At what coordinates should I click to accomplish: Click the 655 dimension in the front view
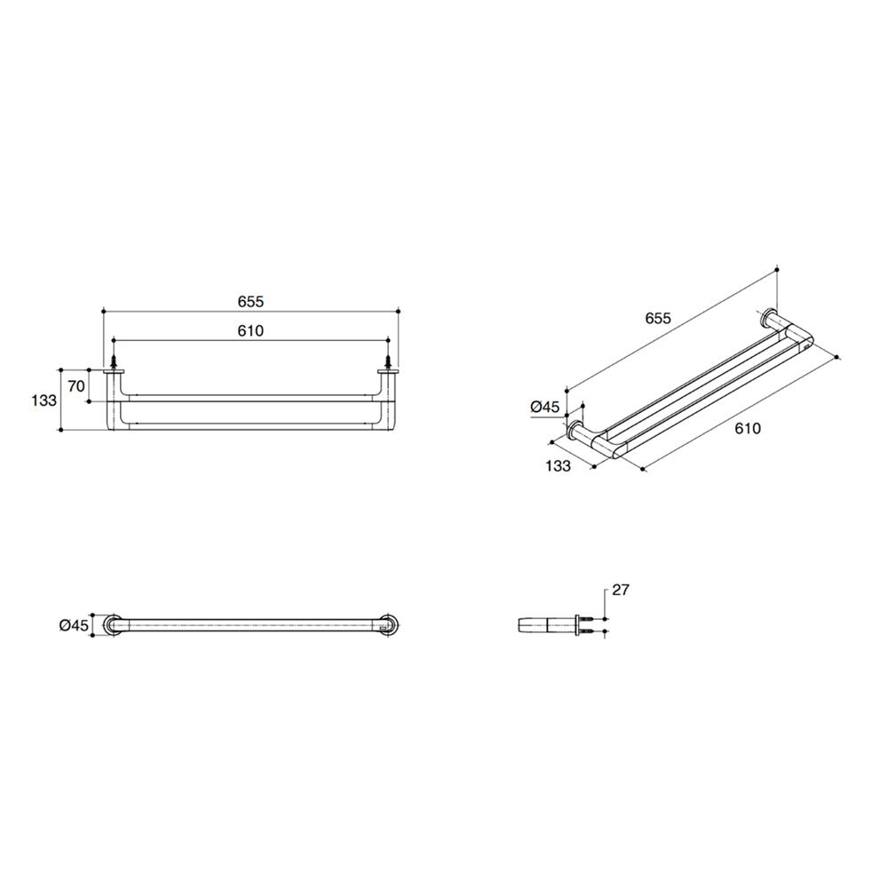(x=250, y=301)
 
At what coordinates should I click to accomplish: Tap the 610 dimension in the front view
(x=250, y=330)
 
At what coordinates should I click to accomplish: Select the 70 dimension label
(x=75, y=386)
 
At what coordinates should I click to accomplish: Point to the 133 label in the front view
(x=44, y=400)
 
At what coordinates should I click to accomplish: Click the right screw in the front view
(x=388, y=361)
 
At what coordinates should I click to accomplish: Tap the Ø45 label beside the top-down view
(x=75, y=625)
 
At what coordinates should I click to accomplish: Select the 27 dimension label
(x=621, y=590)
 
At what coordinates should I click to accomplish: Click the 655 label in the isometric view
(x=658, y=318)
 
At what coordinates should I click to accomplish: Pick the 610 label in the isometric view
(x=748, y=428)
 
